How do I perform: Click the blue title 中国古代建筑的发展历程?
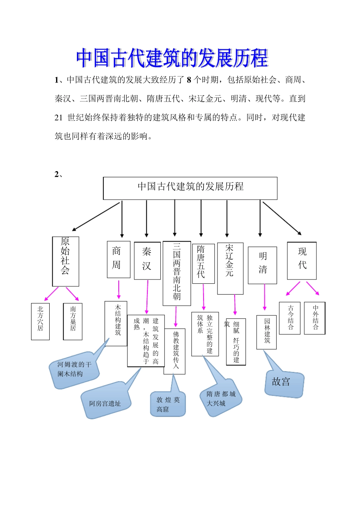(172, 58)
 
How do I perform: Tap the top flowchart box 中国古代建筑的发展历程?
(190, 188)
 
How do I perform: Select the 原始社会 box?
(66, 261)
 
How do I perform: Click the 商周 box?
(119, 259)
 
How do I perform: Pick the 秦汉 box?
(147, 261)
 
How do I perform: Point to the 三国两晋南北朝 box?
(177, 273)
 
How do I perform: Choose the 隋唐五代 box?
(203, 264)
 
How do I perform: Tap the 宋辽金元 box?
(230, 268)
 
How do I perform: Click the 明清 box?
(262, 265)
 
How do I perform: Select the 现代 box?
(302, 261)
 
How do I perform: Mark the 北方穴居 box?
(40, 321)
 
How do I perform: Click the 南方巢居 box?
(73, 321)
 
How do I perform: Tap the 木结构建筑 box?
(116, 323)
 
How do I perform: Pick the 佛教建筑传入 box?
(175, 351)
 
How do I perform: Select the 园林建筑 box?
(266, 332)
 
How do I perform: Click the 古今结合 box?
(290, 318)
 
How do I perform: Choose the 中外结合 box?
(315, 318)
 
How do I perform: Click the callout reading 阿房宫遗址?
(105, 403)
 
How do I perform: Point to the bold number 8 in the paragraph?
(189, 80)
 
